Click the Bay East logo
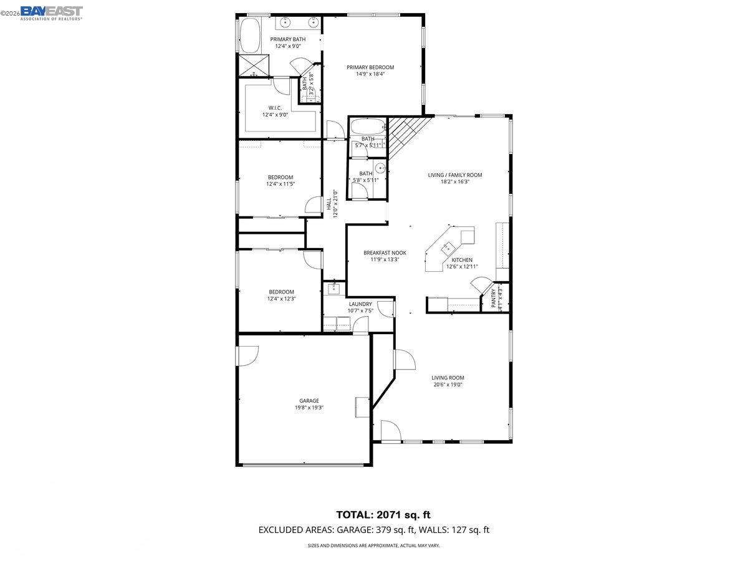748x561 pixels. click(51, 12)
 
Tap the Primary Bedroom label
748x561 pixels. click(370, 67)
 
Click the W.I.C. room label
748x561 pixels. click(275, 108)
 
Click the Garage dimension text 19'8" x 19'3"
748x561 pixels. click(309, 408)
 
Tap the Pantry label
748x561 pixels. click(494, 297)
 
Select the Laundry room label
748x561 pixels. click(360, 304)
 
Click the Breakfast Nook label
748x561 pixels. click(385, 252)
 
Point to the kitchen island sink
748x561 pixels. click(446, 247)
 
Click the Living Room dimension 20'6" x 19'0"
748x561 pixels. click(448, 385)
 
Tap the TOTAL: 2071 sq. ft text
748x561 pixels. click(383, 515)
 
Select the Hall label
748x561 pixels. click(328, 204)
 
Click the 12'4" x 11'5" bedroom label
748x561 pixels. click(280, 177)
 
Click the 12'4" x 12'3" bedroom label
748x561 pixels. click(281, 292)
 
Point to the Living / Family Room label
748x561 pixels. click(454, 175)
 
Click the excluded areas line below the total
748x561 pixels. click(374, 530)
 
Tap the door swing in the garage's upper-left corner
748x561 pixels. click(247, 355)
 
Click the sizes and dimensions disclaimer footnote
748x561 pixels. click(374, 545)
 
